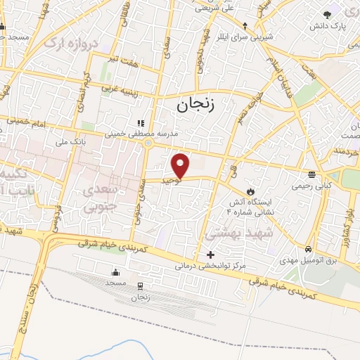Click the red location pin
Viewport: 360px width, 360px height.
point(181,166)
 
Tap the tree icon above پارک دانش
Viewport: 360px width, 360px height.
point(326,14)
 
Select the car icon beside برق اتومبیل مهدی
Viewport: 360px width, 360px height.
point(309,250)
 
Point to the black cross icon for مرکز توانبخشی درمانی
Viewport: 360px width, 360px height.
point(210,254)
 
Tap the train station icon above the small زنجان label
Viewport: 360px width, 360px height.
point(140,285)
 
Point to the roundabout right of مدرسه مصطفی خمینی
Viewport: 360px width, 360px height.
point(148,144)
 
